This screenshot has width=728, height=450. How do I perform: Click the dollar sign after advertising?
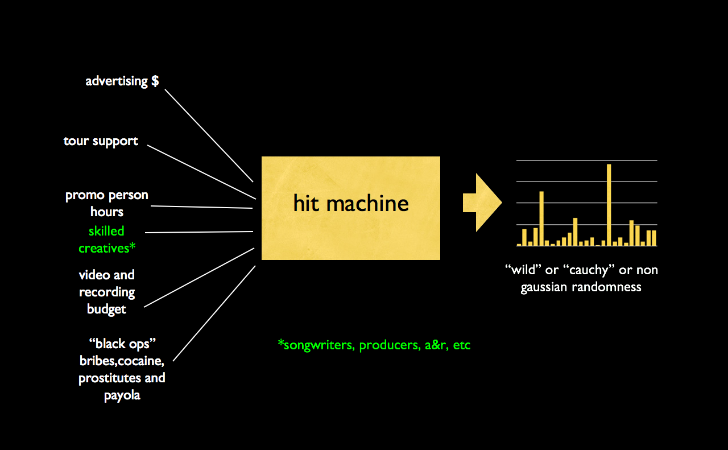tap(155, 81)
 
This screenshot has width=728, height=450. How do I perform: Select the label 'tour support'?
tap(101, 141)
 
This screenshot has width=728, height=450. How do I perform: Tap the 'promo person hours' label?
tap(107, 203)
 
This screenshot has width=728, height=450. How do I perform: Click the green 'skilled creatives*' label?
tap(106, 240)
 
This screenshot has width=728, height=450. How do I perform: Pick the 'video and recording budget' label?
tap(107, 292)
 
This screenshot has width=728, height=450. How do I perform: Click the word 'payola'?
tap(122, 395)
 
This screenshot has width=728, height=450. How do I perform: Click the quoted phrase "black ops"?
tap(122, 344)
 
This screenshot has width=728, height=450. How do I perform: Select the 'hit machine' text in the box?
tap(351, 203)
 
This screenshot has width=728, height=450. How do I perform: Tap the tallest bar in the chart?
tap(609, 205)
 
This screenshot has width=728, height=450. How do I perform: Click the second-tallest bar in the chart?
tap(541, 218)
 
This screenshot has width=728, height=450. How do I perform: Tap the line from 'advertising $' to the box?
tap(209, 135)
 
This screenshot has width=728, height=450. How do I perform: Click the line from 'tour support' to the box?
tap(202, 172)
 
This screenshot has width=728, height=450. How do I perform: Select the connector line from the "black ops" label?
tap(214, 313)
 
